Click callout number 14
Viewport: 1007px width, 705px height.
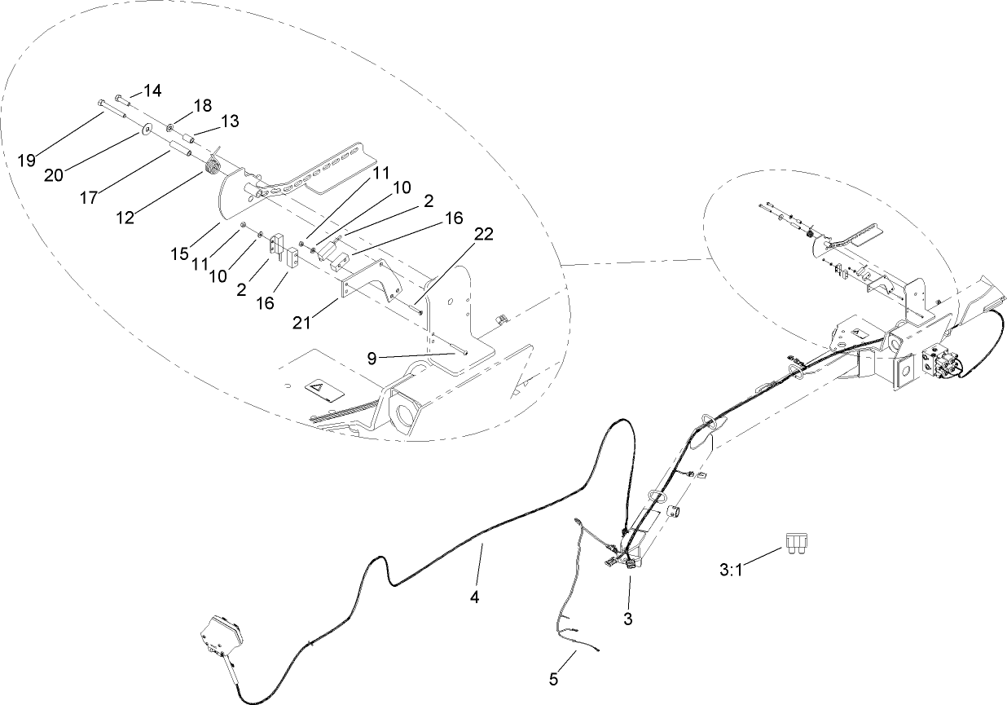tap(152, 90)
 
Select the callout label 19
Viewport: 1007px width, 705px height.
tap(27, 159)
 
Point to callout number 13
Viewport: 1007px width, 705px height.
tap(230, 121)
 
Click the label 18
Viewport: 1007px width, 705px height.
tap(202, 105)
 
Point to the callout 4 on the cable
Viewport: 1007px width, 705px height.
tap(474, 597)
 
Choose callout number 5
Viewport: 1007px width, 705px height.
tap(554, 678)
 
